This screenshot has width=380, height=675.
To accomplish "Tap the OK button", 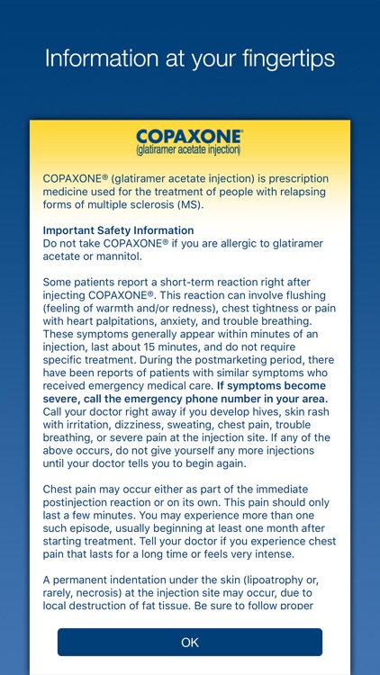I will (189, 643).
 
